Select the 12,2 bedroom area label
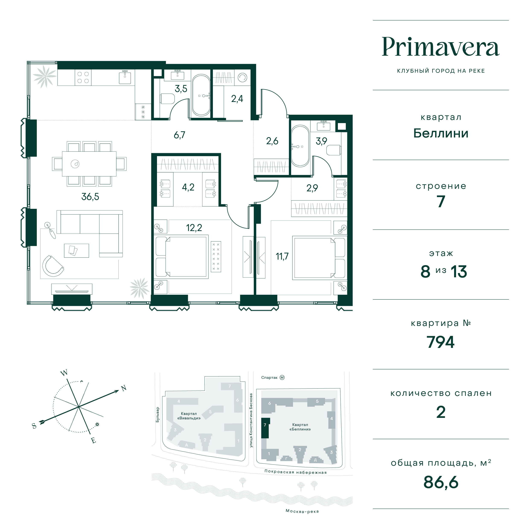(194, 228)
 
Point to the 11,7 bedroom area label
(282, 256)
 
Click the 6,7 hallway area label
(180, 135)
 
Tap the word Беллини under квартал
(441, 133)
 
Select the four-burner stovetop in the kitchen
(83, 77)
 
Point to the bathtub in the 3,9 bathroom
(300, 146)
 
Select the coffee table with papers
(76, 251)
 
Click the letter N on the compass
(124, 388)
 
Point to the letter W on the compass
(64, 373)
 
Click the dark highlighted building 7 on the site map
(265, 428)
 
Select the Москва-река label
(302, 511)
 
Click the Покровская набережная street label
(295, 472)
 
